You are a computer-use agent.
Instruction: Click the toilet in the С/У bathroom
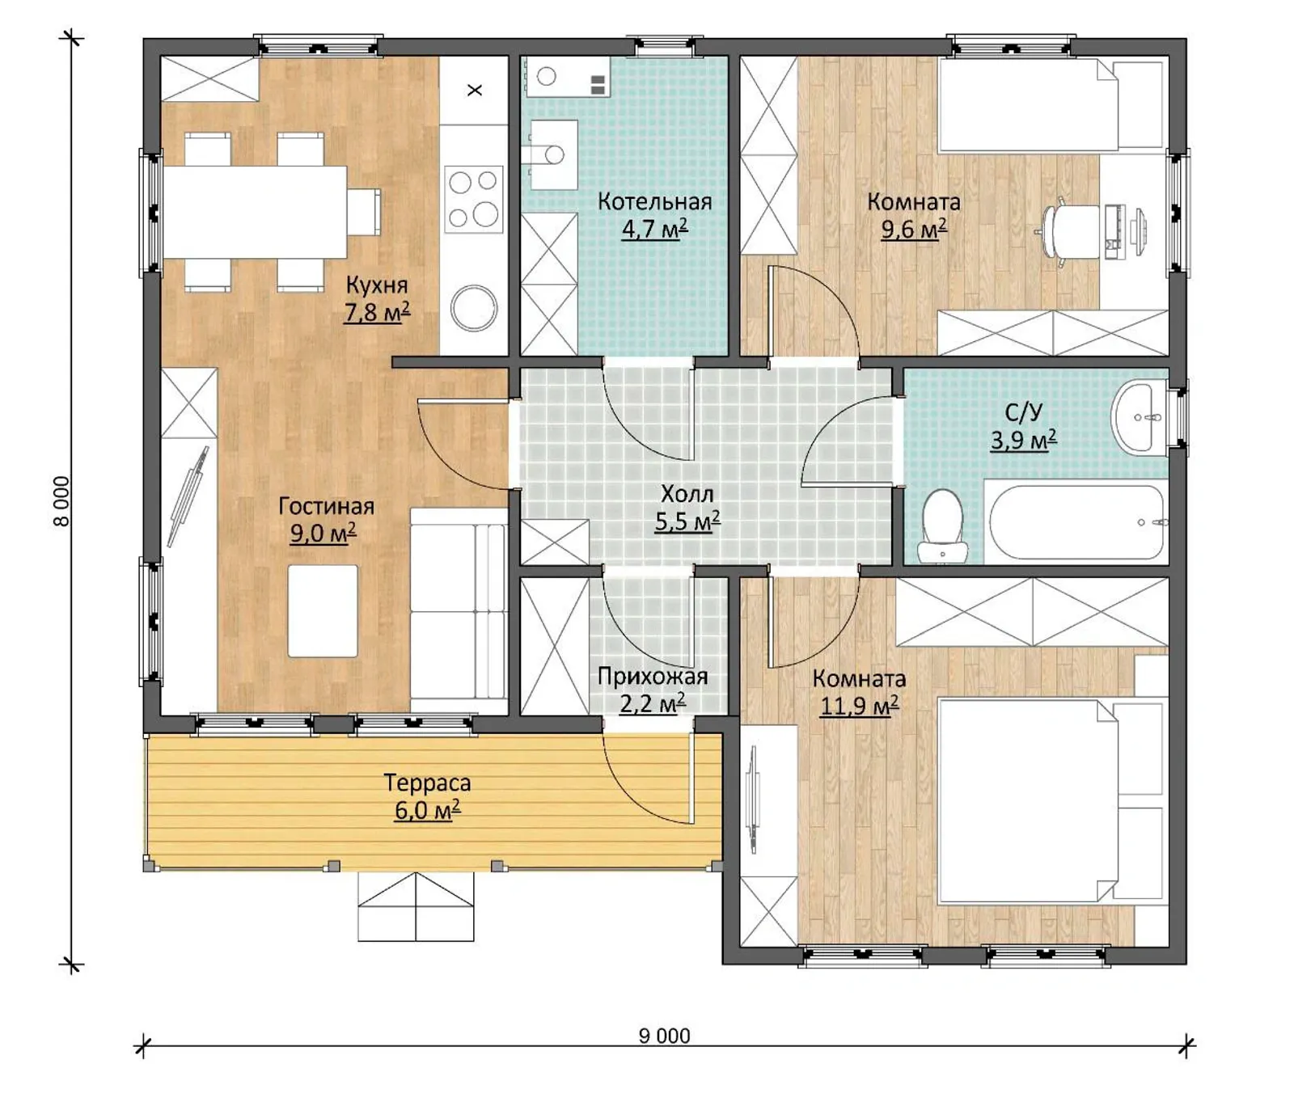tap(942, 525)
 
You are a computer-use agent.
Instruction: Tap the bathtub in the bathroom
tap(1076, 522)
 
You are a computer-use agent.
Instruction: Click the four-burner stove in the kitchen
tap(474, 199)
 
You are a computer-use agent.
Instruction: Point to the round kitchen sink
tap(474, 308)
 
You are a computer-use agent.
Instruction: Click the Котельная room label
tap(654, 201)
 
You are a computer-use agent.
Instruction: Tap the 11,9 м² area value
tap(859, 706)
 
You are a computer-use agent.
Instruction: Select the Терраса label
tap(427, 783)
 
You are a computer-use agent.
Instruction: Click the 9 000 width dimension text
tap(664, 1036)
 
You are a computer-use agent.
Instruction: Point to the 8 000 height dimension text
tap(61, 501)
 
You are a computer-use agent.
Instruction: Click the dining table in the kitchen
tap(255, 212)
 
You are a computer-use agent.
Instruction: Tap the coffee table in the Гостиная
tap(323, 610)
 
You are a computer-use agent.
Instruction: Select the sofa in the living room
tap(459, 611)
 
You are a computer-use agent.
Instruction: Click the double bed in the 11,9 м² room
tap(1052, 801)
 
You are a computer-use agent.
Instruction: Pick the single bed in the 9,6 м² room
tap(1051, 104)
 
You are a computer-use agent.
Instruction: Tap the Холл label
tap(687, 493)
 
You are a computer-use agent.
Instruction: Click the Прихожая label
tap(653, 676)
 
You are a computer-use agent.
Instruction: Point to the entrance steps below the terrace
tap(416, 906)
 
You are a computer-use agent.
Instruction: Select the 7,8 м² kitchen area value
tap(377, 312)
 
